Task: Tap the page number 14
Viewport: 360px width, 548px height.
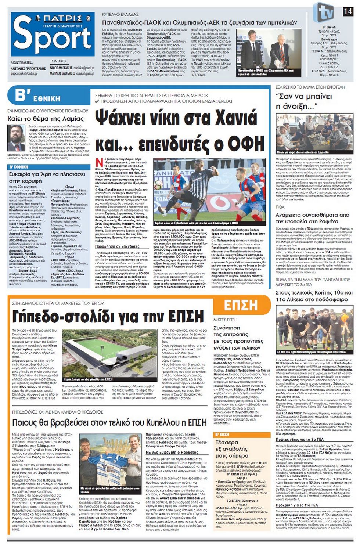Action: click(348, 12)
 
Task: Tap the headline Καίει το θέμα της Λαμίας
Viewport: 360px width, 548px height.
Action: click(46, 119)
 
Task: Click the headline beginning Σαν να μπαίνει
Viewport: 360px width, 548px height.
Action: click(304, 101)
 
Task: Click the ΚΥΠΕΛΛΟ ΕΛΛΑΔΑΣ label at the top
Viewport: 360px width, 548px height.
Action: click(120, 14)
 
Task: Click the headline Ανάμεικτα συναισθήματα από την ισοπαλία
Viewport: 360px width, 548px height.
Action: click(312, 218)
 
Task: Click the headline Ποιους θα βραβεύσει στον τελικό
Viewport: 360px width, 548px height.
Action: click(109, 422)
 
